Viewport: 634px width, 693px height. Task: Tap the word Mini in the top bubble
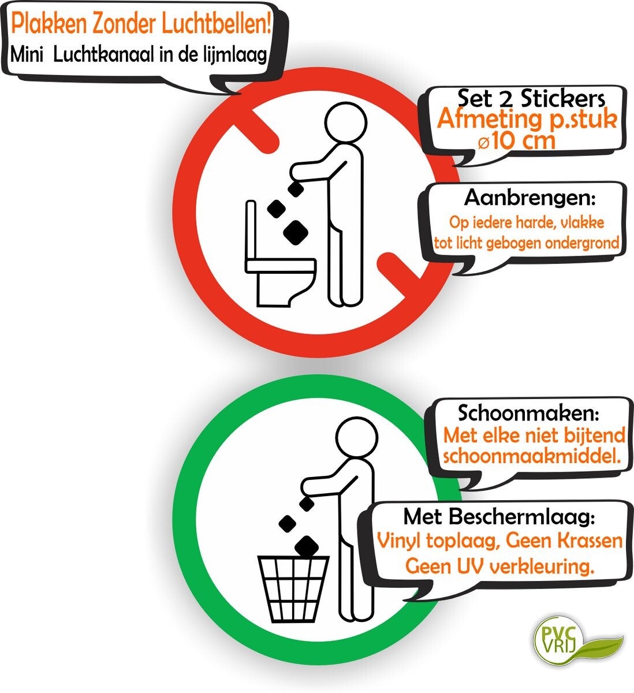27,55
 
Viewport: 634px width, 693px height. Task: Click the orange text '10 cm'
523,141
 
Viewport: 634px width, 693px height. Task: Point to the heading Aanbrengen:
529,198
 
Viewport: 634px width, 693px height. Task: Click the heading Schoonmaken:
528,412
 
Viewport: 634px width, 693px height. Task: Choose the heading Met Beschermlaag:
499,517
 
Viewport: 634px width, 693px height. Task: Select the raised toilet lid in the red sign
251,230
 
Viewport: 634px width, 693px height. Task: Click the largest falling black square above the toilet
296,233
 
